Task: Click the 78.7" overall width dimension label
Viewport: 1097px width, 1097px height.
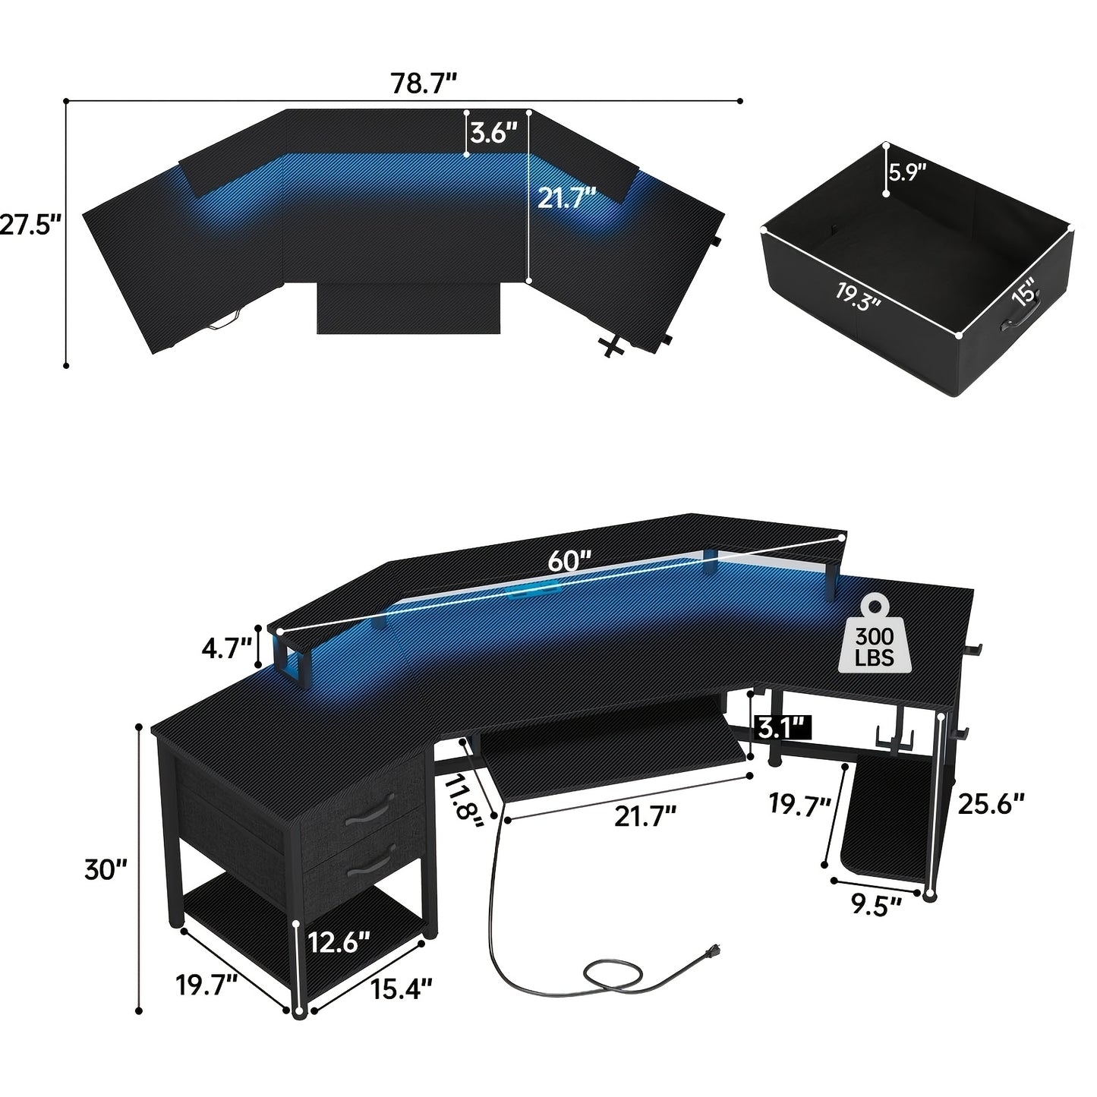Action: pos(424,84)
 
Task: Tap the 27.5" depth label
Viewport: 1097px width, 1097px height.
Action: pos(30,225)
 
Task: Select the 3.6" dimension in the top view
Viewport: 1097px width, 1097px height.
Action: pos(493,134)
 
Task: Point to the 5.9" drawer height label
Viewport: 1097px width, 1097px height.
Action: pos(907,172)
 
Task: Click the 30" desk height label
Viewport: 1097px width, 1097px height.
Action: pos(106,869)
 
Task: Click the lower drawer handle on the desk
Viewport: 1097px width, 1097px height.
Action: pos(370,868)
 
